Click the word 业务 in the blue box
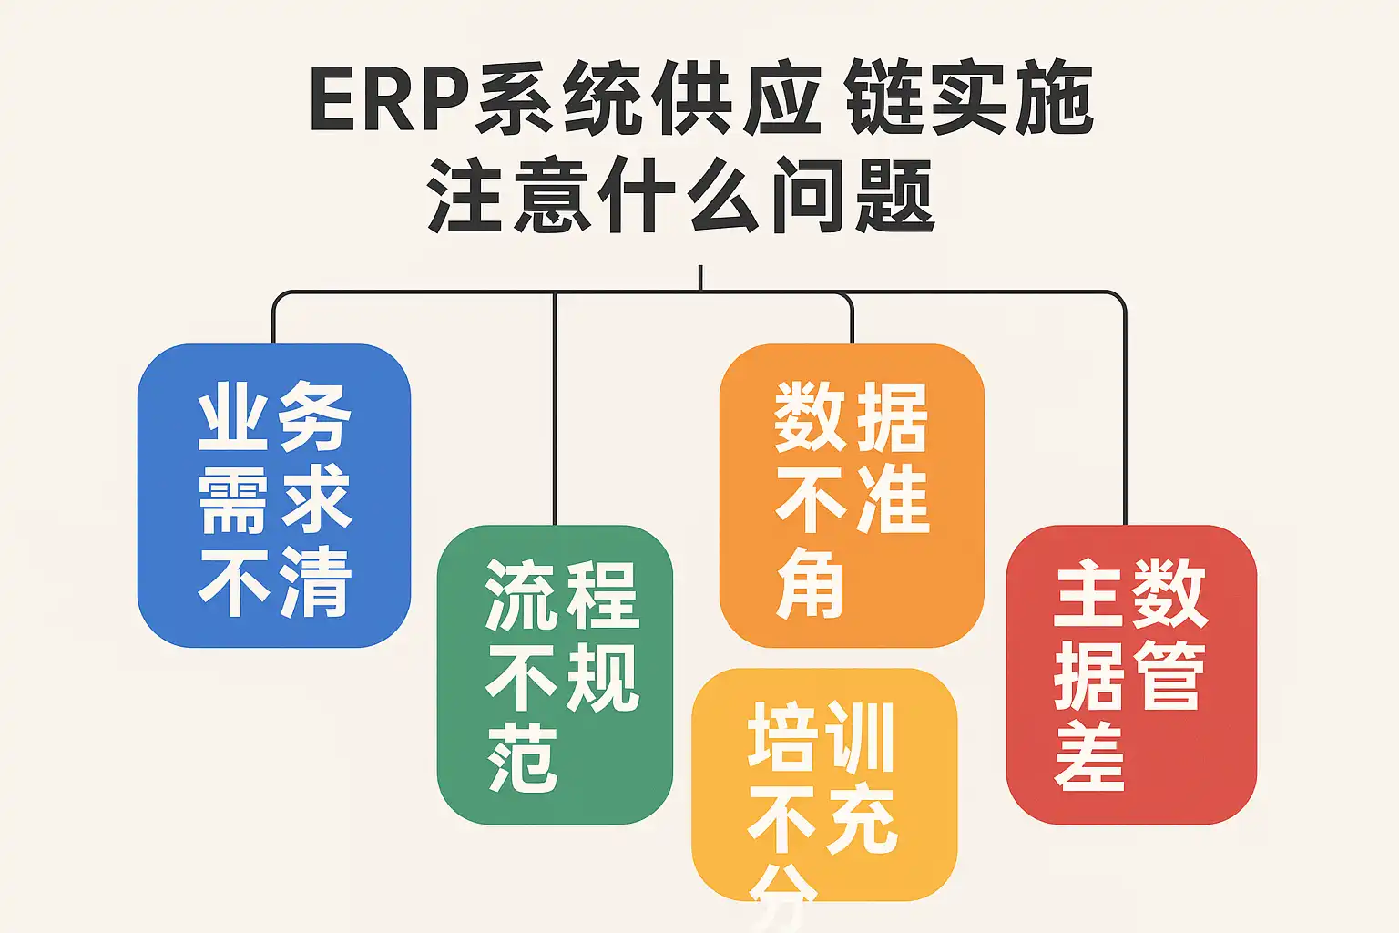pyautogui.click(x=274, y=416)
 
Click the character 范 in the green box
pyautogui.click(x=523, y=758)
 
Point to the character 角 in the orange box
pyautogui.click(x=810, y=583)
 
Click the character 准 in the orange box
pyautogui.click(x=890, y=500)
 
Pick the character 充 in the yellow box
pyautogui.click(x=860, y=820)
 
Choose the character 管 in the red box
pyautogui.click(x=1169, y=676)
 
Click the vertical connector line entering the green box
pyautogui.click(x=555, y=410)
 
